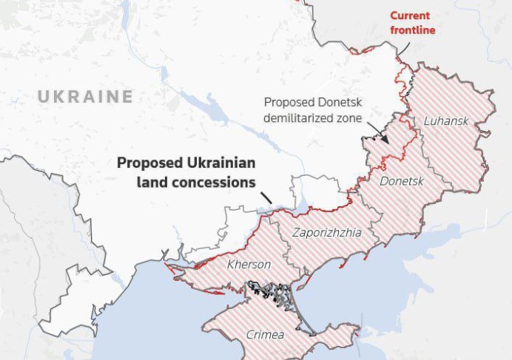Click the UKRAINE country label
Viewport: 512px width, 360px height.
tap(85, 97)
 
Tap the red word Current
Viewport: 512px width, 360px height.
tap(411, 16)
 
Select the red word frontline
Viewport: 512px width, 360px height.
tap(412, 30)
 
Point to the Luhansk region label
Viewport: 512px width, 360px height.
tap(446, 120)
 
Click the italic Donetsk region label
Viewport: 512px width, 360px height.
tap(401, 181)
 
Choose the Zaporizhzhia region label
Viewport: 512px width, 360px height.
tap(327, 232)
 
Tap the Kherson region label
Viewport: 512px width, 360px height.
tap(249, 265)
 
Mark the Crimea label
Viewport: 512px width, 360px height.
tap(265, 335)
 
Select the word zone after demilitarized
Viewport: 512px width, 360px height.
tap(346, 118)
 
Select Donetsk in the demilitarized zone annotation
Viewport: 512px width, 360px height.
tap(337, 103)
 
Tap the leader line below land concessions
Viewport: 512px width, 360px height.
tap(266, 197)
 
